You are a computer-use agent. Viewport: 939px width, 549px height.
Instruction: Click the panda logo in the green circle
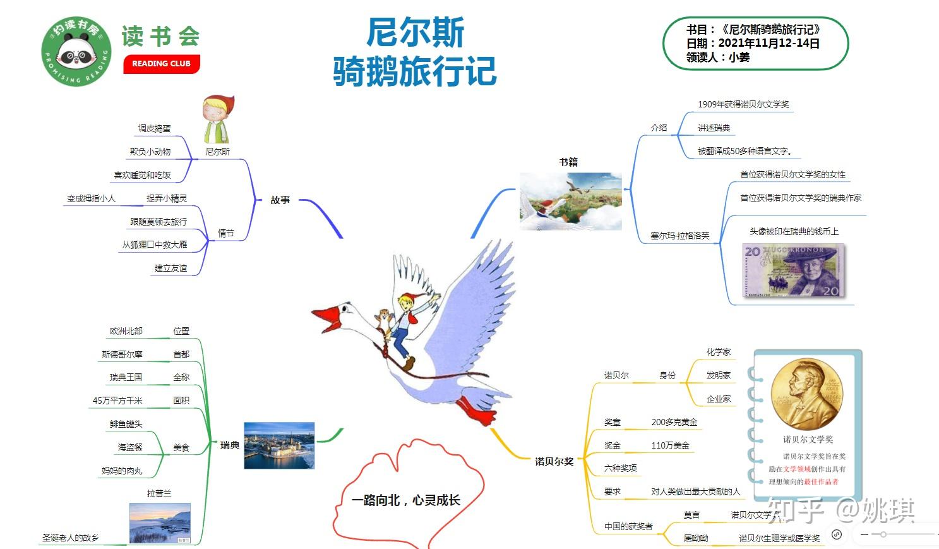coord(76,52)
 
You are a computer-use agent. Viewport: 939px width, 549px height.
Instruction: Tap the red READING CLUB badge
coord(161,64)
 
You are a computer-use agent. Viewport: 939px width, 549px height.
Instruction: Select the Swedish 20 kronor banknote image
coord(793,270)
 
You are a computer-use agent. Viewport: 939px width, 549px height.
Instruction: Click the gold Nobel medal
coord(806,393)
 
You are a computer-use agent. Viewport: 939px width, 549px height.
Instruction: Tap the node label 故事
coord(280,200)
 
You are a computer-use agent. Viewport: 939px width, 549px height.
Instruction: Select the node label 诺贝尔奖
coord(554,461)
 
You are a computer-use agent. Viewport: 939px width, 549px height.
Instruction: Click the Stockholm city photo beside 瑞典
coord(279,445)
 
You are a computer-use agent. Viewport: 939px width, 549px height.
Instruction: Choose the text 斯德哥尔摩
coord(122,354)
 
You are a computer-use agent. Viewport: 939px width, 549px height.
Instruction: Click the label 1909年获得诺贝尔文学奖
coord(743,104)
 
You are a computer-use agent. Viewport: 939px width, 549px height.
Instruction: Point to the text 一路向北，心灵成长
coord(406,500)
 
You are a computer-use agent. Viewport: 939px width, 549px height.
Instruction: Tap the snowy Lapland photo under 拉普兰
coord(160,523)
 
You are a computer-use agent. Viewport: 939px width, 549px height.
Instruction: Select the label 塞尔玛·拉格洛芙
coord(679,236)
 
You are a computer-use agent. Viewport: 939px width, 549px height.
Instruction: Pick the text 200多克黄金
coord(674,422)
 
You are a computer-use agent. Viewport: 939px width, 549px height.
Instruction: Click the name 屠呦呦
coord(695,538)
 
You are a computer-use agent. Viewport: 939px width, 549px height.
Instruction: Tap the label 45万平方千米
coord(117,401)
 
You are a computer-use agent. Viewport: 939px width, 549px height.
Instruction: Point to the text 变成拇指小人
coord(91,198)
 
